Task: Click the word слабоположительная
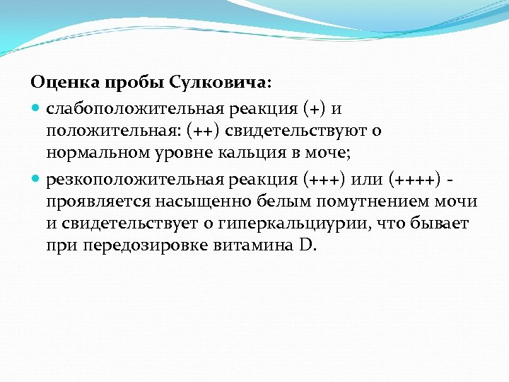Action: [134, 110]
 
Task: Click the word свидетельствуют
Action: [303, 132]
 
